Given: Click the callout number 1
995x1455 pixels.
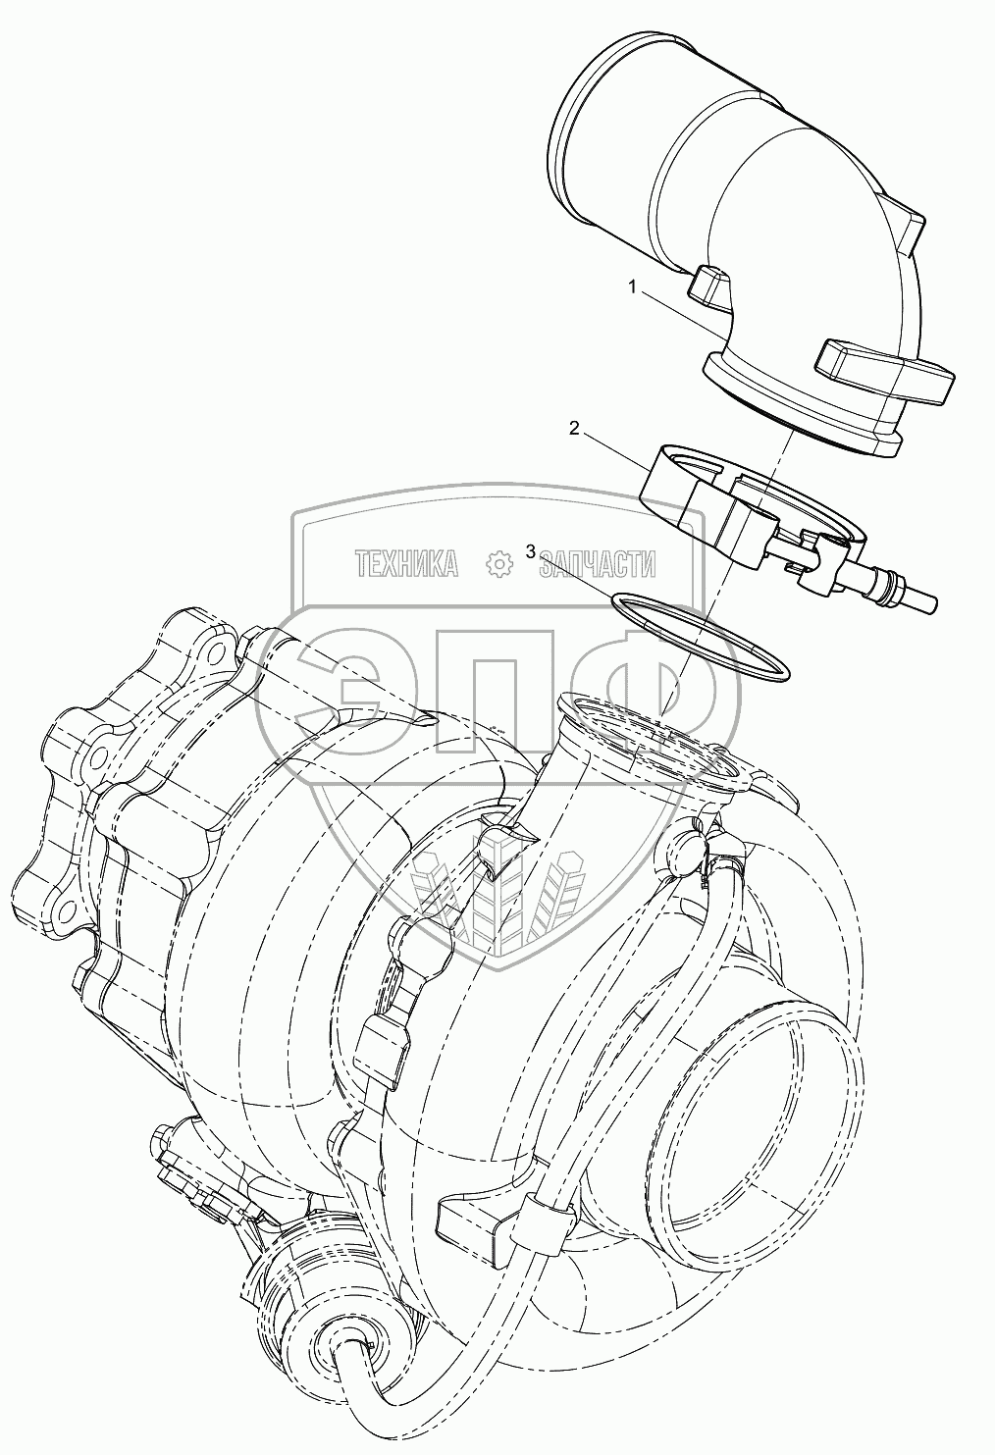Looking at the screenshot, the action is coord(634,286).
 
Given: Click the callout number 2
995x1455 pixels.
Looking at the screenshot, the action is coord(575,428).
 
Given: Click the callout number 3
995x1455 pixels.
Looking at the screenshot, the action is coord(531,551).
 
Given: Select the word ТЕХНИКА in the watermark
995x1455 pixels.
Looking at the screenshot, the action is coord(406,562).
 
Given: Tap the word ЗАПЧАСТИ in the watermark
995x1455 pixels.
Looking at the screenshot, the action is coord(599,562).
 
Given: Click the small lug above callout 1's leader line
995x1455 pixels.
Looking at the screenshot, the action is coord(708,286).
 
